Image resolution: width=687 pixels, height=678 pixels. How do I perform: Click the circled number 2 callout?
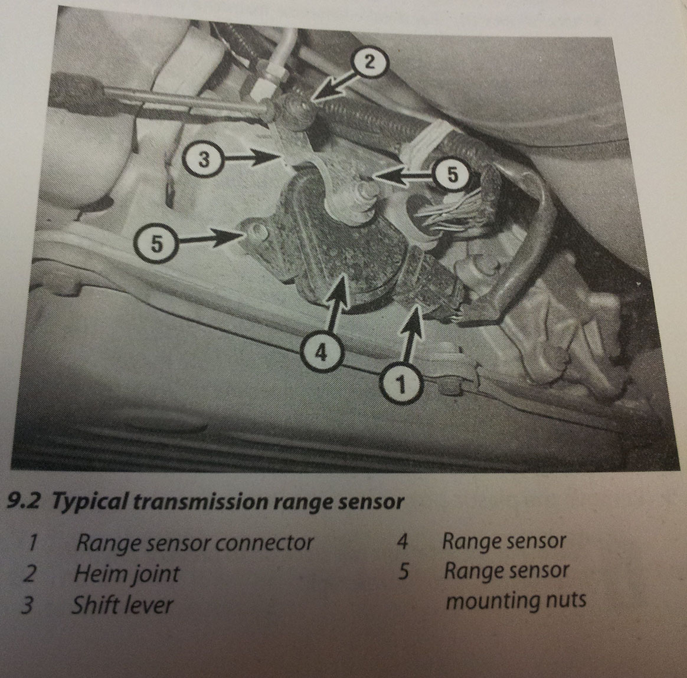(x=370, y=63)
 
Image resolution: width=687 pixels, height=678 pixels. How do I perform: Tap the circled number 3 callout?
(x=204, y=159)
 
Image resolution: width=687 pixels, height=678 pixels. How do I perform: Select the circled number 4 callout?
(x=321, y=351)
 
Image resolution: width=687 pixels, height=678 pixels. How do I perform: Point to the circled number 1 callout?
(x=401, y=383)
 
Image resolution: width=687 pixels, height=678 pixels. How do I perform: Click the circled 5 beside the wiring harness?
(x=452, y=175)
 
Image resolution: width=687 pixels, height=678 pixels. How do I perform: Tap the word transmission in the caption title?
(x=200, y=502)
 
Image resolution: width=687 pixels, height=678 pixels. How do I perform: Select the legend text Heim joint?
(x=127, y=574)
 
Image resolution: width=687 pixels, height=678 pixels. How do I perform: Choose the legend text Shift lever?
(x=123, y=605)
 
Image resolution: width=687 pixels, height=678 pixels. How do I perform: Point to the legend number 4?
(x=402, y=541)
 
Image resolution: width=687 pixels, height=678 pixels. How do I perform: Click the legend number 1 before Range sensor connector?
(x=31, y=543)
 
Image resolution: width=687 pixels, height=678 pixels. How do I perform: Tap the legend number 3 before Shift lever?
(x=27, y=605)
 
